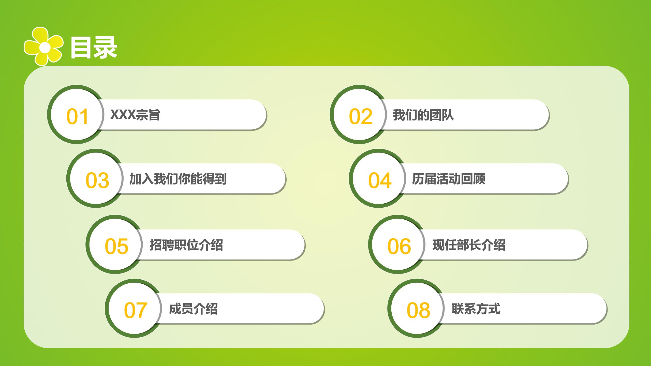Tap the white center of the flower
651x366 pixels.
point(45,47)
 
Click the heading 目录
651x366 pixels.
point(93,48)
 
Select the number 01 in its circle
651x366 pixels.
point(77,117)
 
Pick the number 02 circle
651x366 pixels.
point(360,117)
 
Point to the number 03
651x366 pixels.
point(97,180)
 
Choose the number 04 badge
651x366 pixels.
point(380,180)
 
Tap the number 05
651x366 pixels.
point(116,246)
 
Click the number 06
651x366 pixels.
point(399,246)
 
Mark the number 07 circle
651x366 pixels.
point(136,310)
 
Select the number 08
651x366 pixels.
point(418,310)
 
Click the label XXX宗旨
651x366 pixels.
point(135,115)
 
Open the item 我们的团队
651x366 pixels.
point(423,115)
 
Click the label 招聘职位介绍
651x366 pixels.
point(186,245)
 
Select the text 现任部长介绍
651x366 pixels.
point(469,245)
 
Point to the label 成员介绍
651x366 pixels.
point(193,309)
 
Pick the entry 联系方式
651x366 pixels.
point(476,309)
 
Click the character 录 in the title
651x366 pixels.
point(105,48)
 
